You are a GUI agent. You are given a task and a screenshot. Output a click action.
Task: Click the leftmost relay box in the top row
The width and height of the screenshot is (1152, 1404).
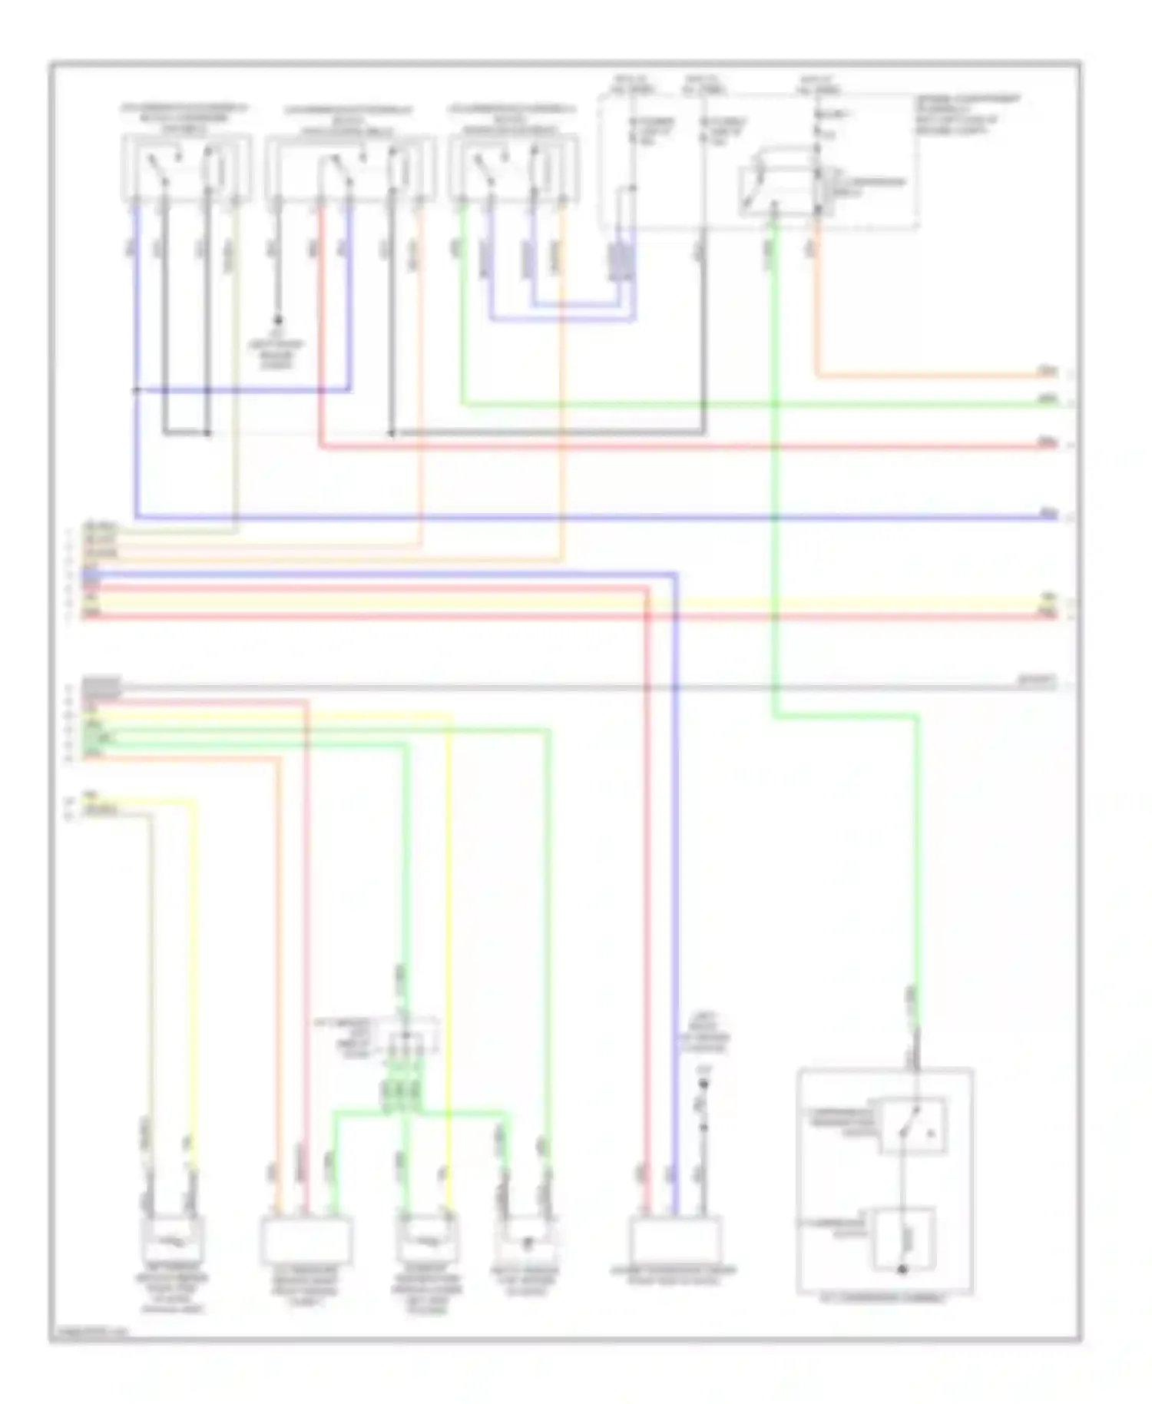[x=187, y=168]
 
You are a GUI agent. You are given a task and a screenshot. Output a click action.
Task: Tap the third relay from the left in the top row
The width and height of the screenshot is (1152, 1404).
[x=514, y=168]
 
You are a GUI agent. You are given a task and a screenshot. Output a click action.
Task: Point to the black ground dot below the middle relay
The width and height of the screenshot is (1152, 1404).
[x=278, y=319]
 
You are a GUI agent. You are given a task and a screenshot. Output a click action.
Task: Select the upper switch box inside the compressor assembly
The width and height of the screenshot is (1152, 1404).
[x=913, y=1126]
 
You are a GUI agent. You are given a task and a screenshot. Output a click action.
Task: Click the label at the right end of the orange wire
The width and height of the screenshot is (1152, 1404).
[x=1048, y=372]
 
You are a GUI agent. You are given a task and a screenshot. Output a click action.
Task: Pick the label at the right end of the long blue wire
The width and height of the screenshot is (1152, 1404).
[x=1048, y=513]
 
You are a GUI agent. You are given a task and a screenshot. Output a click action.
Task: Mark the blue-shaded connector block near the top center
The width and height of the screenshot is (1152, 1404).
[x=621, y=262]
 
